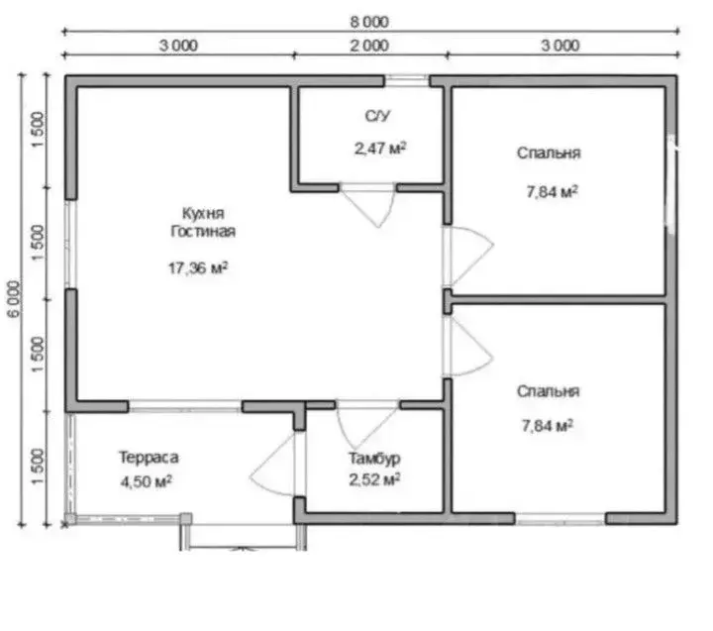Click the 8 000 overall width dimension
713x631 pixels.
pos(369,22)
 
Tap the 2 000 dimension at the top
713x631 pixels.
pos(369,46)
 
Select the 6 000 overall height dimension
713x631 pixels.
pos(14,298)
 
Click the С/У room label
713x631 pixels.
pos(377,116)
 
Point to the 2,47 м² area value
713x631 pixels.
pos(380,148)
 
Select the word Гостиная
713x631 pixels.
pos(203,231)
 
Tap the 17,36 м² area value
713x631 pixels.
pos(198,267)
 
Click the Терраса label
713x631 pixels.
pos(149,458)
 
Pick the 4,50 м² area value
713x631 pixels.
pos(146,481)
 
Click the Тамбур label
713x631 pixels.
pos(374,458)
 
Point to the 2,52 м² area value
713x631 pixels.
pos(374,479)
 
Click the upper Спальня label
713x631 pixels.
pos(549,153)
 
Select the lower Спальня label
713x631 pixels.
pos(548,391)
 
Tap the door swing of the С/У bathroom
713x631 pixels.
pos(368,207)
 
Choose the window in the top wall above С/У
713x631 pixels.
pos(407,80)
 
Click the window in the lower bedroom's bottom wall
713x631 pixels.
pos(560,519)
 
